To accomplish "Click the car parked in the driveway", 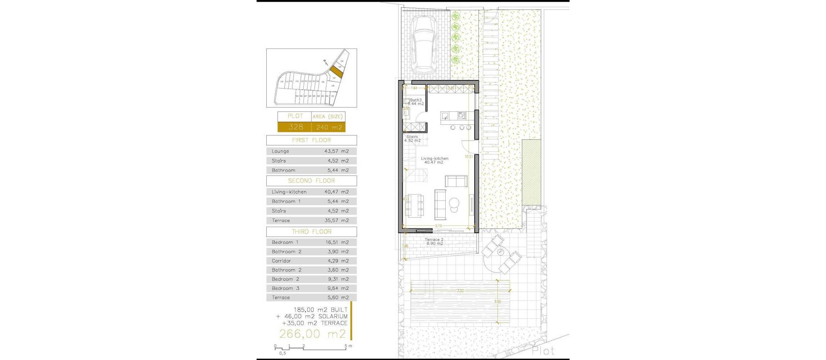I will click(x=424, y=45).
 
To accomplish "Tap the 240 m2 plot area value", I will click(x=329, y=127).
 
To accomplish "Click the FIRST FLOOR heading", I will click(x=311, y=140).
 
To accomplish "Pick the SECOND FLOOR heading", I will click(x=311, y=181).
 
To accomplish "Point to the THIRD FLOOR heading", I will click(x=311, y=232).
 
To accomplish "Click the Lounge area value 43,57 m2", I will click(x=336, y=151).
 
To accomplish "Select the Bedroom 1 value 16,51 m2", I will click(x=337, y=243).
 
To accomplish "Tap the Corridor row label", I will click(x=281, y=261).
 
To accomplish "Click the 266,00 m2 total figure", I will click(x=312, y=334).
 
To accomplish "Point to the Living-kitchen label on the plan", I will click(x=435, y=160).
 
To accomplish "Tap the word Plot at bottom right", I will click(x=543, y=351).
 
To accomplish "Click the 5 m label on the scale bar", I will click(x=348, y=346).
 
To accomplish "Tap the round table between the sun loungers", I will click(x=501, y=252).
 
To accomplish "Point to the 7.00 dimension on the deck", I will click(x=460, y=291).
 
